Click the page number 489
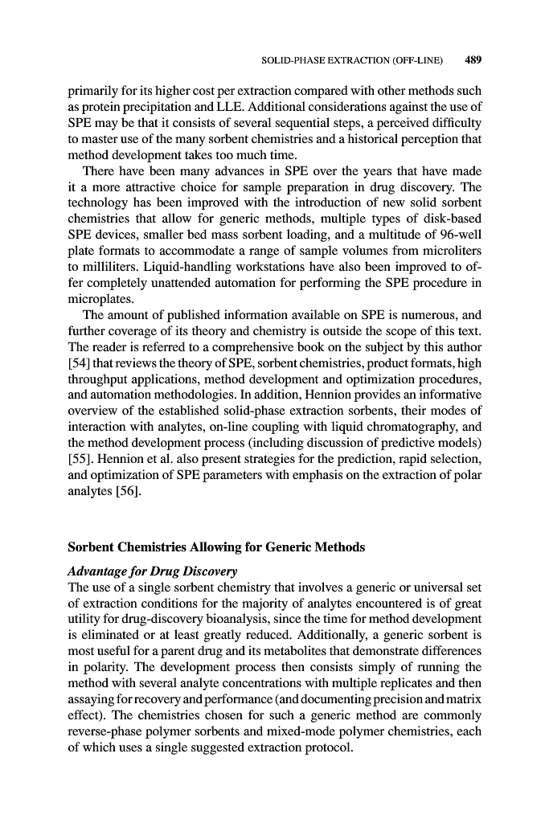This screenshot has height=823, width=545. tap(473, 59)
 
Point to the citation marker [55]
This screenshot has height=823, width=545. tap(80, 465)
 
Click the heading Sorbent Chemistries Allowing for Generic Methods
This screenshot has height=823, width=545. tap(215, 547)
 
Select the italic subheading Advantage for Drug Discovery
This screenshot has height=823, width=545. tap(152, 571)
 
